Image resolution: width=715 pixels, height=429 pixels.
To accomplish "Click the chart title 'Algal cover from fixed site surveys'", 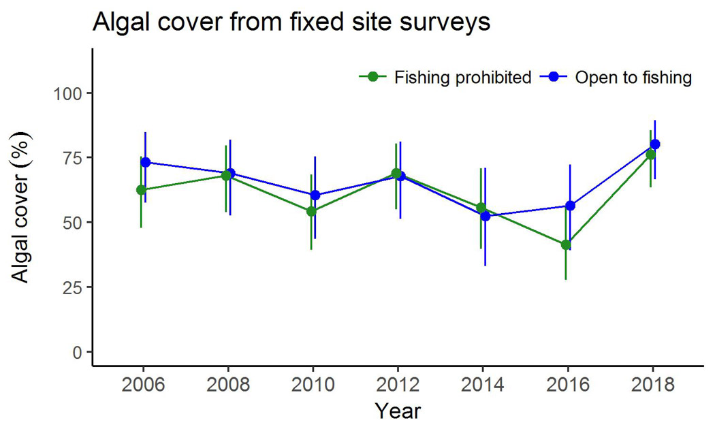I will [291, 22].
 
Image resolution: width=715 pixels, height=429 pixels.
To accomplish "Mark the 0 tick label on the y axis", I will [78, 352].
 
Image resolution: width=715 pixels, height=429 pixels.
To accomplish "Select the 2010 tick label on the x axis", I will [313, 385].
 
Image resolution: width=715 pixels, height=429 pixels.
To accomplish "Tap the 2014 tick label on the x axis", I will [483, 385].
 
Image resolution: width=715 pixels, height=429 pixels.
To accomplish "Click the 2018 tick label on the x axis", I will [652, 385].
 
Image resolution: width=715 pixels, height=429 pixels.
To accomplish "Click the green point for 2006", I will [141, 190].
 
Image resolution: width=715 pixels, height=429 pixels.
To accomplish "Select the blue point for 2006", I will [146, 162].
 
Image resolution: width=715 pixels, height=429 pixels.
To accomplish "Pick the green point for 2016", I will [566, 244].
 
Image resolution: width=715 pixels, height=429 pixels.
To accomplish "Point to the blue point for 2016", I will [571, 206].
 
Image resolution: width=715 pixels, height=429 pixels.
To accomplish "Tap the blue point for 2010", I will [315, 195].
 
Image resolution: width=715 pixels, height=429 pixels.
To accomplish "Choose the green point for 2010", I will [311, 211].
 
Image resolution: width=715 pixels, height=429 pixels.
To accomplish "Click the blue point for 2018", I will [655, 144].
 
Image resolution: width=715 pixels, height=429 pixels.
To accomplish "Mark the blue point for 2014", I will [486, 216].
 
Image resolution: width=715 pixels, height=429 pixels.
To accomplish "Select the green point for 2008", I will [226, 176].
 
